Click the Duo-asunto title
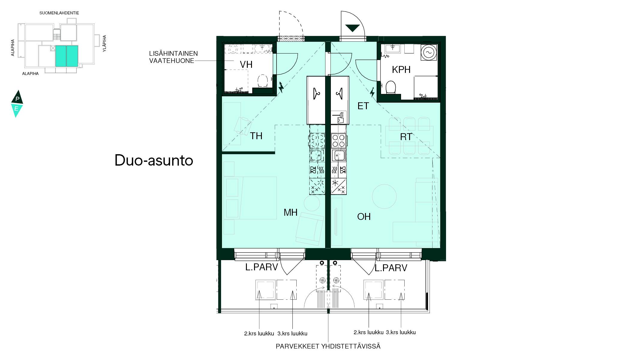(154, 160)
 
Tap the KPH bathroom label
(401, 70)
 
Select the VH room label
(246, 64)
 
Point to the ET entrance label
(363, 106)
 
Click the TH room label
(256, 136)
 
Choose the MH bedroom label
(290, 212)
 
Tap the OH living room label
(364, 217)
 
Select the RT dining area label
(406, 137)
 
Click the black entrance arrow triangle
(352, 28)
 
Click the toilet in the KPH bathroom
(391, 87)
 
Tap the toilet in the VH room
(263, 81)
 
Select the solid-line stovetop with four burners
(338, 141)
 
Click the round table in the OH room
(384, 196)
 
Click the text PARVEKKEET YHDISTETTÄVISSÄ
(328, 346)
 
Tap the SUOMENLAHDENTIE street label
(59, 13)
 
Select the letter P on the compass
(17, 99)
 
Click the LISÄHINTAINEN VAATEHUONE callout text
(173, 57)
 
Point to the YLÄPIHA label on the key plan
(104, 43)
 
